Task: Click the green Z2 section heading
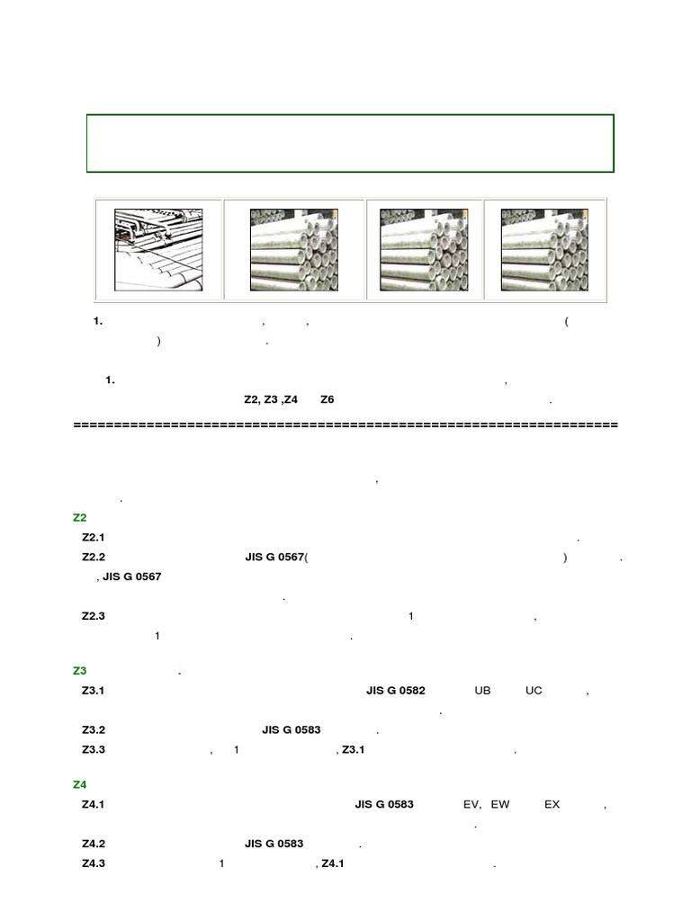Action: [x=78, y=517]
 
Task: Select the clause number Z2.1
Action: [x=94, y=537]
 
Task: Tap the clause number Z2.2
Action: [x=94, y=557]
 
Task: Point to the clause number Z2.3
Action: [x=94, y=616]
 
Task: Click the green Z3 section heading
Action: [x=78, y=671]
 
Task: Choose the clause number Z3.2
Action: [x=94, y=730]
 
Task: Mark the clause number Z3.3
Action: [x=94, y=749]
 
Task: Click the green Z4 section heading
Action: [x=78, y=785]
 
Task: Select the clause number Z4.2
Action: [x=94, y=844]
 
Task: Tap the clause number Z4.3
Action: [x=94, y=863]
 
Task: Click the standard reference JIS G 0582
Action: [x=395, y=691]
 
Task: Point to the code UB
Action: [x=482, y=691]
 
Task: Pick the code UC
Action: [x=534, y=691]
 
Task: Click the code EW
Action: [x=501, y=804]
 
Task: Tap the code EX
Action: [x=552, y=804]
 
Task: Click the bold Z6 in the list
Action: [x=327, y=398]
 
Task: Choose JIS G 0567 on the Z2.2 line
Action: [x=274, y=557]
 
